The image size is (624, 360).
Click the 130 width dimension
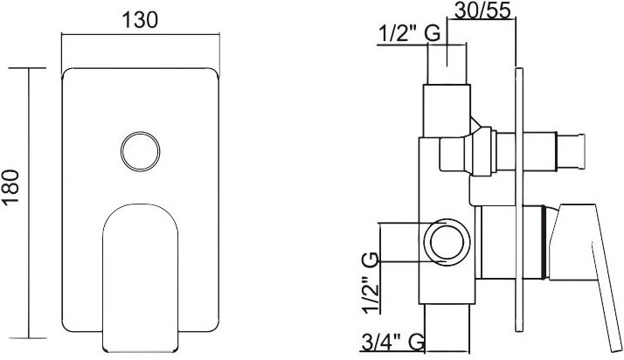click(x=140, y=20)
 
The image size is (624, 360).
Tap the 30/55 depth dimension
click(x=482, y=10)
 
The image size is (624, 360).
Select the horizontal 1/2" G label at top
click(x=409, y=33)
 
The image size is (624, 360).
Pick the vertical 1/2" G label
click(x=371, y=283)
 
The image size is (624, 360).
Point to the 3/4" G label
click(x=392, y=343)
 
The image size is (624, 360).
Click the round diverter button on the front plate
click(x=141, y=151)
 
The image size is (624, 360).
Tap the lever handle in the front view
click(x=140, y=278)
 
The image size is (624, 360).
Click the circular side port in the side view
click(x=447, y=241)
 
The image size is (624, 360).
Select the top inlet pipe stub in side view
click(x=447, y=64)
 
